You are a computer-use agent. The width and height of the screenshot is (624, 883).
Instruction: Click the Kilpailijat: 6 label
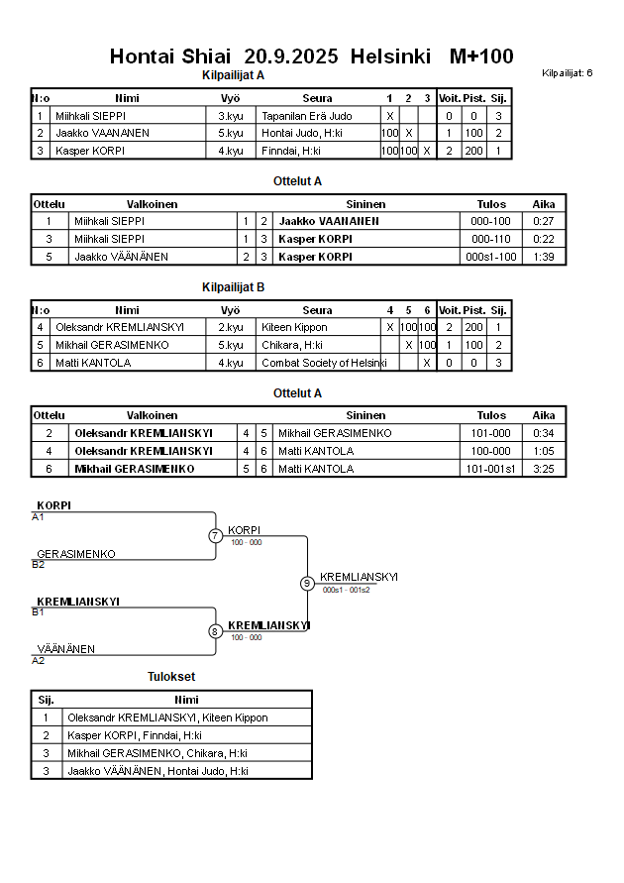[568, 73]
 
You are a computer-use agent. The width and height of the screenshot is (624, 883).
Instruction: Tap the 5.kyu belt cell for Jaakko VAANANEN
[230, 133]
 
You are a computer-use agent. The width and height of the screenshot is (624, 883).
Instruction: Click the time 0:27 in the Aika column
[543, 221]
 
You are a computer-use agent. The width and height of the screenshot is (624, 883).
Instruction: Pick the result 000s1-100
[491, 257]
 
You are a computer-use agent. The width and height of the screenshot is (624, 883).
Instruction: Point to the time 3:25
[543, 469]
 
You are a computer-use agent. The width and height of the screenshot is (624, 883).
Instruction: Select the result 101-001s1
[491, 469]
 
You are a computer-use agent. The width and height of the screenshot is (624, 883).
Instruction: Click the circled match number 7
[215, 536]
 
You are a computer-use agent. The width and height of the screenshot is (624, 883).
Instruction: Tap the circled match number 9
[307, 583]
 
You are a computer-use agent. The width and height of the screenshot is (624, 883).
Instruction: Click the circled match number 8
[215, 631]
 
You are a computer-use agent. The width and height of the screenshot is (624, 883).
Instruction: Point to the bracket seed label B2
[38, 565]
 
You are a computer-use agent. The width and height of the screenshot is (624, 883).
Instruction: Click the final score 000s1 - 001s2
[346, 591]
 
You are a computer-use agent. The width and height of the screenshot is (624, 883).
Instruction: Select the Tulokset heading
[171, 677]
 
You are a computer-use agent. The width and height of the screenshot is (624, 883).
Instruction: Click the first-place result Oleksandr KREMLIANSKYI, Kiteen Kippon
[167, 717]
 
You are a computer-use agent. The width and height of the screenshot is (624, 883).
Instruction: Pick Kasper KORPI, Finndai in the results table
[135, 735]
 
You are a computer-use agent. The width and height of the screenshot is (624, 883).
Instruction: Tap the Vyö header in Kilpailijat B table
[230, 310]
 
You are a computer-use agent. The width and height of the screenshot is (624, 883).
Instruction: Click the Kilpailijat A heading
[233, 75]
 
